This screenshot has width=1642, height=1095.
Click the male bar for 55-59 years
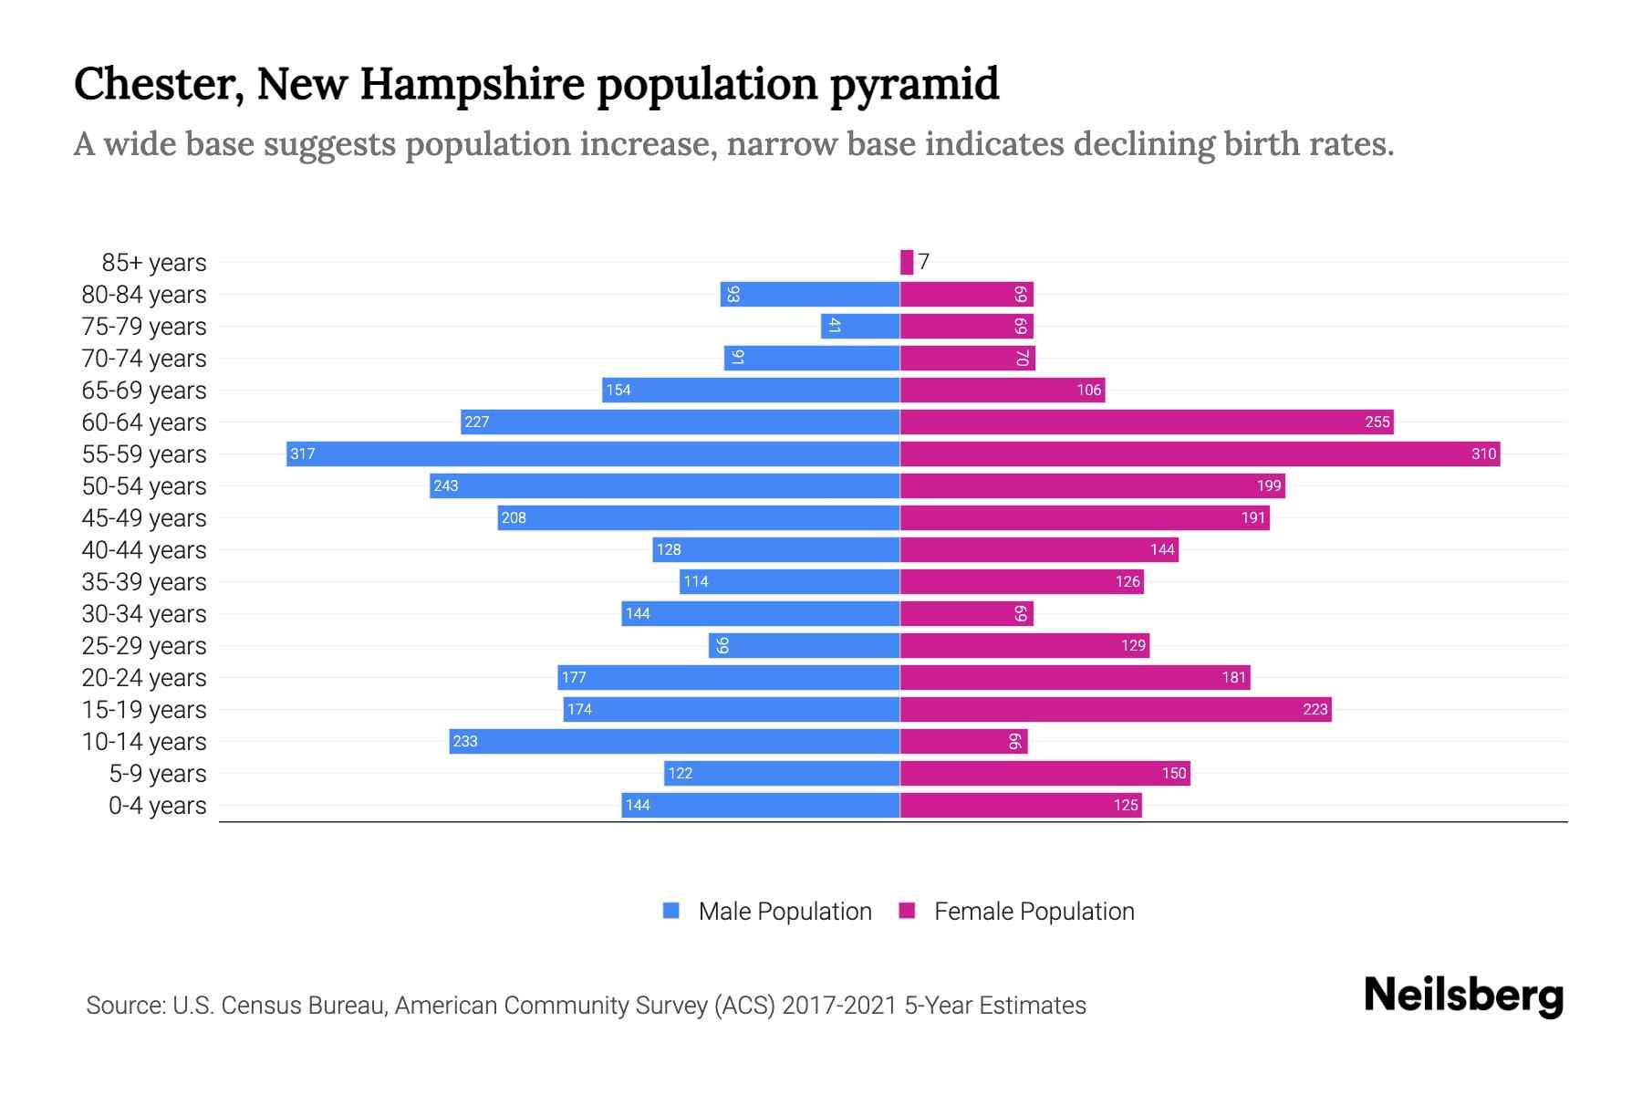tap(593, 454)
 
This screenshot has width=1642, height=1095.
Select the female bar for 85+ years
tap(906, 262)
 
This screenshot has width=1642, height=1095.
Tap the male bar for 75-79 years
tap(860, 326)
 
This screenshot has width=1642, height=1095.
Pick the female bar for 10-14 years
tap(963, 741)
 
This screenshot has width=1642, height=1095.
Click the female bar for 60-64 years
tap(1146, 422)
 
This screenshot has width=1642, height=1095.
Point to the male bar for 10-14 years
tap(674, 741)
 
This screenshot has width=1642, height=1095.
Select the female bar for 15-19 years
tap(1115, 709)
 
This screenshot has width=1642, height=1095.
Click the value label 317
tap(302, 454)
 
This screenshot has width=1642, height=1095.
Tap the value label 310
tap(1483, 454)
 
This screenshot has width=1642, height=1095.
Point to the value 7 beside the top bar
tap(924, 262)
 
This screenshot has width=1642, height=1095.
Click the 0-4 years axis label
tap(157, 806)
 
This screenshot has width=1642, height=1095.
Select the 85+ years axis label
tap(153, 263)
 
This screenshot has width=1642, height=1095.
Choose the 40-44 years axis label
tap(144, 550)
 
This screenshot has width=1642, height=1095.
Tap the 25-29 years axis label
tap(144, 646)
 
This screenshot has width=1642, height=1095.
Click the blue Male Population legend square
tap(671, 911)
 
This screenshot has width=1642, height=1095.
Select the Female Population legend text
tap(1034, 912)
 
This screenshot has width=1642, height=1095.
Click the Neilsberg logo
tap(1463, 996)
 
